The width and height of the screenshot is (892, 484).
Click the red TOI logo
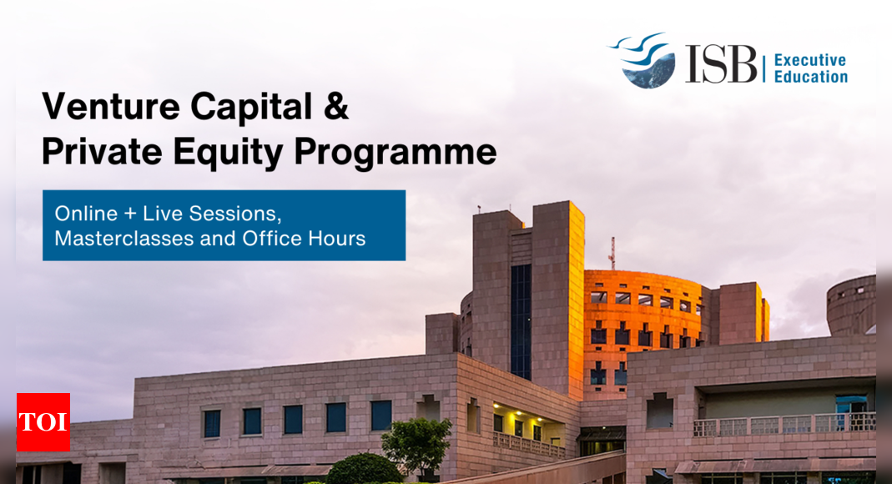(43, 422)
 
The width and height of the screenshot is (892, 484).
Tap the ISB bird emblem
(643, 60)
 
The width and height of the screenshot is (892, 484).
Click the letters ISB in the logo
(721, 64)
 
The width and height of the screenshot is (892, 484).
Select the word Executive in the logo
(810, 60)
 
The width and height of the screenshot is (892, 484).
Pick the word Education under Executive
(811, 77)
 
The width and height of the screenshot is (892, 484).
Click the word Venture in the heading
(111, 106)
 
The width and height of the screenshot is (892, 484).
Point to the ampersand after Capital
(337, 106)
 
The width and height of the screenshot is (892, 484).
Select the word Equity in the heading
(228, 154)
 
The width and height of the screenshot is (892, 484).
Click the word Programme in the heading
(396, 154)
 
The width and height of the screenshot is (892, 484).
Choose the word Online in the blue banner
(86, 214)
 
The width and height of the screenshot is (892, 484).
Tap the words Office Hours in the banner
(304, 239)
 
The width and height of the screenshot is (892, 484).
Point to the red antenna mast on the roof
(612, 253)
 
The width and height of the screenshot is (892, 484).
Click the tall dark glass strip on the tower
(521, 321)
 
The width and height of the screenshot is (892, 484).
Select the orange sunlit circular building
(643, 330)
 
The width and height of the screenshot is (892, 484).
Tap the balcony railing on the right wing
(784, 425)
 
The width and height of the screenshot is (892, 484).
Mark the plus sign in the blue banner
(130, 214)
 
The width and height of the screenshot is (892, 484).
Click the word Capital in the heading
(251, 108)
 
